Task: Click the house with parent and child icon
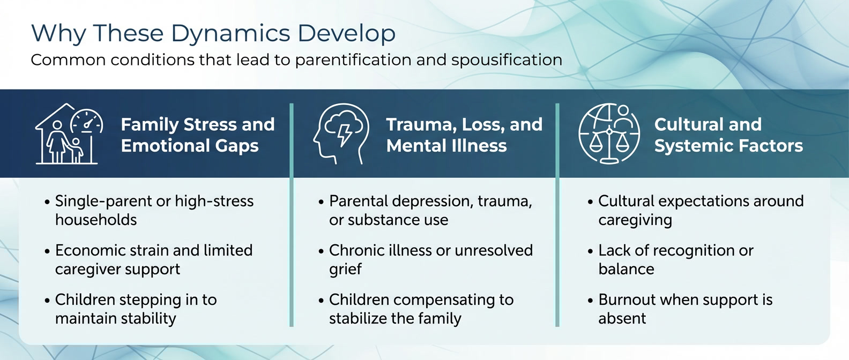tap(69, 134)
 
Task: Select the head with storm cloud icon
tap(341, 134)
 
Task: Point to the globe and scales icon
tap(609, 133)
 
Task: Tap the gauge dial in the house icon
tap(87, 121)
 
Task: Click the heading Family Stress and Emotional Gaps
tap(197, 135)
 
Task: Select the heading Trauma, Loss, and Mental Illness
tap(464, 135)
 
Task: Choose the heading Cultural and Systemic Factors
tap(728, 135)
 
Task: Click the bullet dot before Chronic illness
tap(321, 251)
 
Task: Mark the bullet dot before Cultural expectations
tap(590, 202)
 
